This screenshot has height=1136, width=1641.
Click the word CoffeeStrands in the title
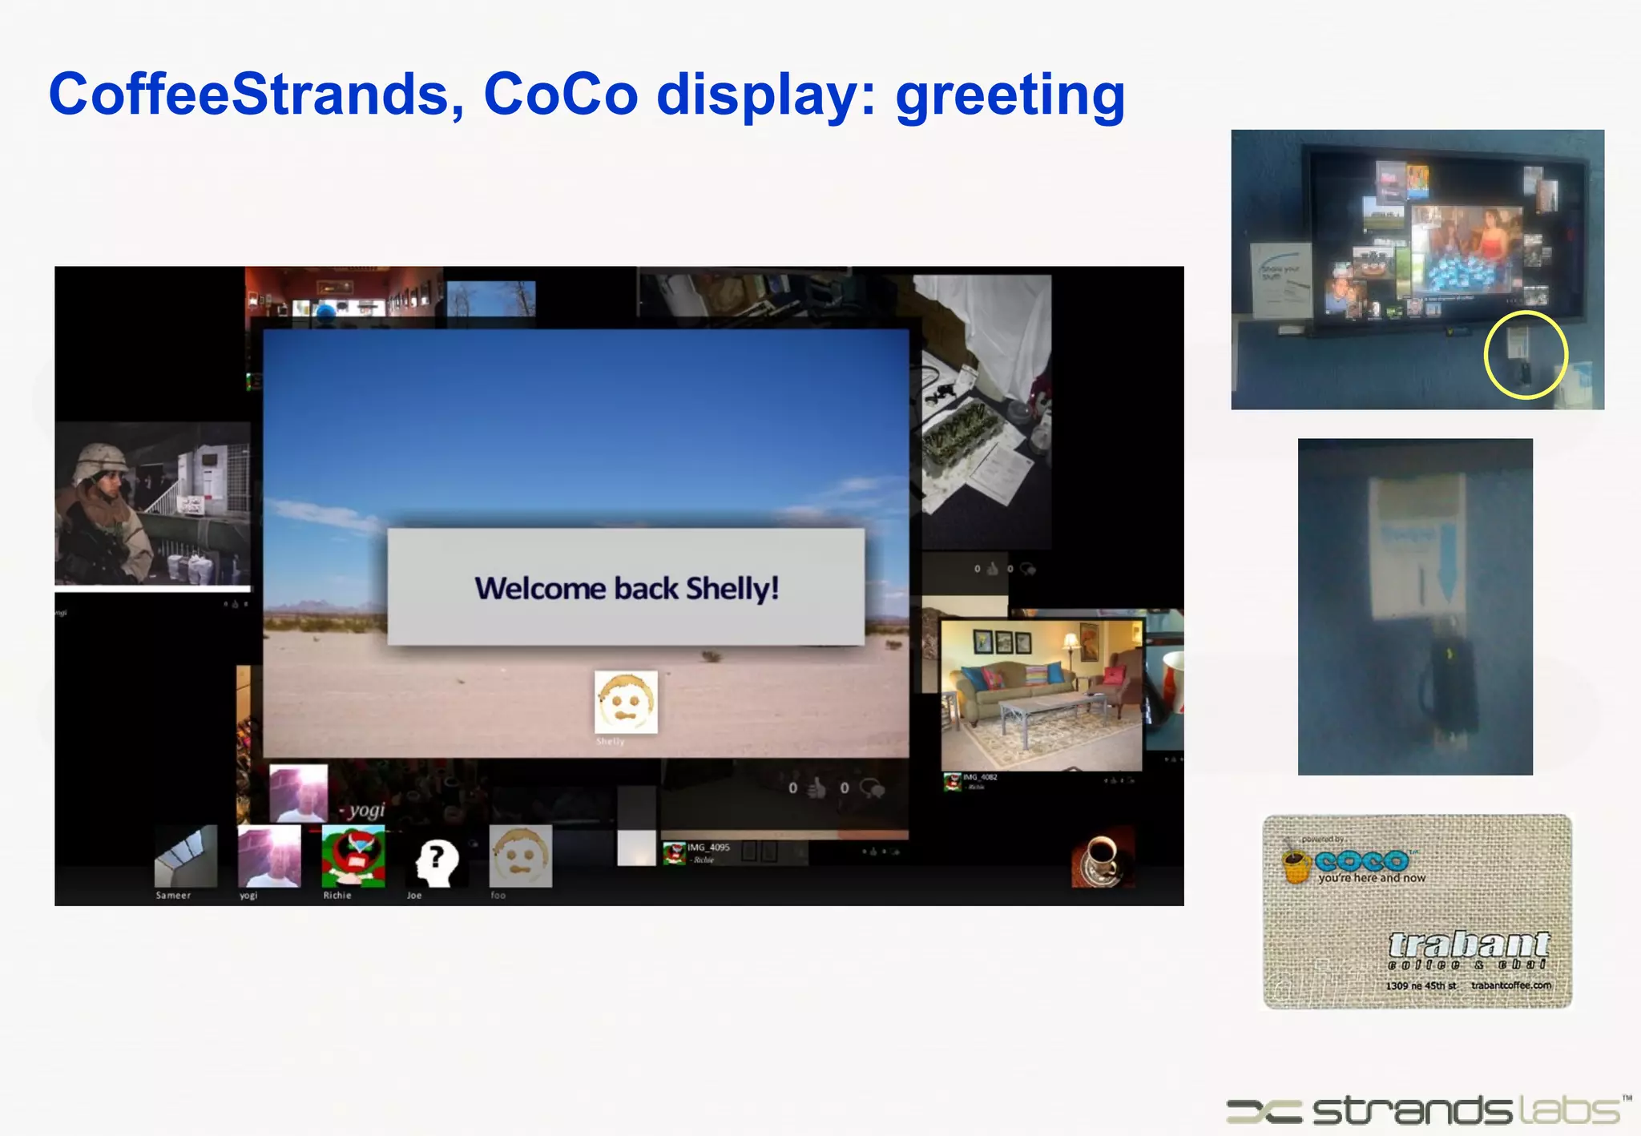coord(256,95)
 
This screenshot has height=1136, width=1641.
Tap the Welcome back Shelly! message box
coord(626,587)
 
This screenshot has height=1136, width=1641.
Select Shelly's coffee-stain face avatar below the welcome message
coord(626,703)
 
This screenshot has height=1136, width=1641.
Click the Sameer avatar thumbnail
coord(186,856)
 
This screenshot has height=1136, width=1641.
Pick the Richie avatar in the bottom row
coord(353,856)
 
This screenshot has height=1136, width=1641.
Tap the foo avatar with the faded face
coord(521,856)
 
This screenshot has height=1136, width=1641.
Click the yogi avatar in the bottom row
coord(269,856)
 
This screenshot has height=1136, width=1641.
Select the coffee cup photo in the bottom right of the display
coord(1103,858)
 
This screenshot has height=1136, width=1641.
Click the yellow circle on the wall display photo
coord(1525,354)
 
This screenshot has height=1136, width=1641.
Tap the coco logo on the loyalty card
coord(1361,861)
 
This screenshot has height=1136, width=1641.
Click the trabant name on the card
coord(1468,945)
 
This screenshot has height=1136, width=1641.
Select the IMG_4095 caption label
coord(708,848)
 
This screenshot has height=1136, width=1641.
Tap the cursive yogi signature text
coord(366,810)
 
